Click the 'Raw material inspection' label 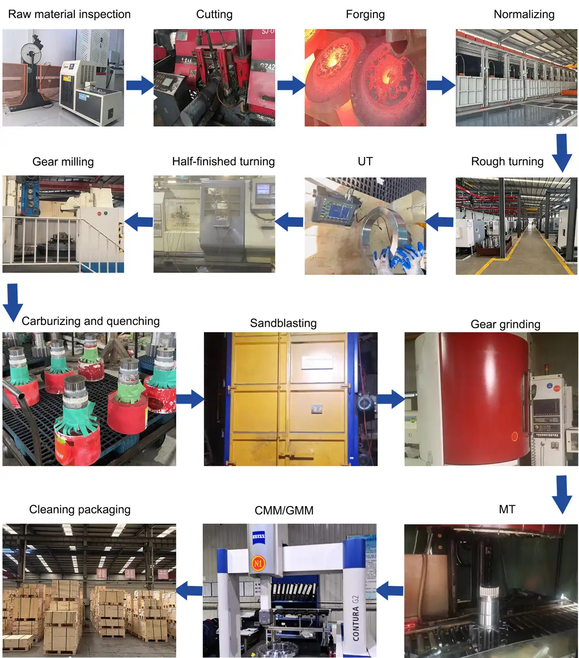coord(69,14)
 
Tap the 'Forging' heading coord(365,14)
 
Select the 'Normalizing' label coord(524,14)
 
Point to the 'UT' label coord(365,161)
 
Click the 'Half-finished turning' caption coord(223,161)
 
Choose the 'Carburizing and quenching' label coord(91,321)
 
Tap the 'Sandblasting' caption coord(283,323)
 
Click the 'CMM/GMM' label coord(284,510)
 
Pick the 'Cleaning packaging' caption coord(80,509)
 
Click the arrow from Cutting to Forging coord(291,86)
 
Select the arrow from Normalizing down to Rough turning coord(562,152)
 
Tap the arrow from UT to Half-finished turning coord(289,222)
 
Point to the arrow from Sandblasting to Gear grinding coord(391,399)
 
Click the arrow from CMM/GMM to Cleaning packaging coord(189,590)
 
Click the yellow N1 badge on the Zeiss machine coord(259,563)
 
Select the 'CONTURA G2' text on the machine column coord(356,618)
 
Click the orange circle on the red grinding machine coord(514,436)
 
